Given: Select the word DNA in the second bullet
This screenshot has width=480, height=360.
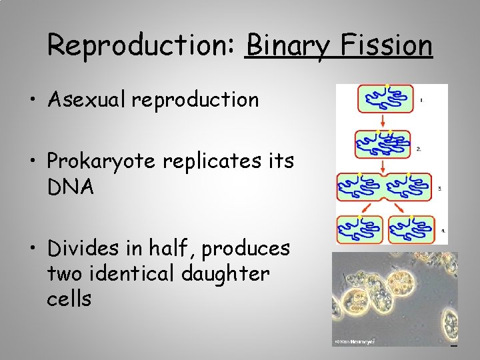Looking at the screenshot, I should pos(70,187).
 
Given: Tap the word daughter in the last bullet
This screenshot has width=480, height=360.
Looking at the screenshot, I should pos(228,273).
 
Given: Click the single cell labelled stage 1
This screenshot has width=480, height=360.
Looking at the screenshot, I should pos(385,99).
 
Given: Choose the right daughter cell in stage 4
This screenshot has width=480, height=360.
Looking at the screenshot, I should pos(411,229).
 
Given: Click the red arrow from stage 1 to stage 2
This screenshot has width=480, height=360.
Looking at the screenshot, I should pos(384,121).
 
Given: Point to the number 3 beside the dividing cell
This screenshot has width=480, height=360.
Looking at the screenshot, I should pos(439,189).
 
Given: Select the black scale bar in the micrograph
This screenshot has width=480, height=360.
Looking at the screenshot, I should pos(453,345).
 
